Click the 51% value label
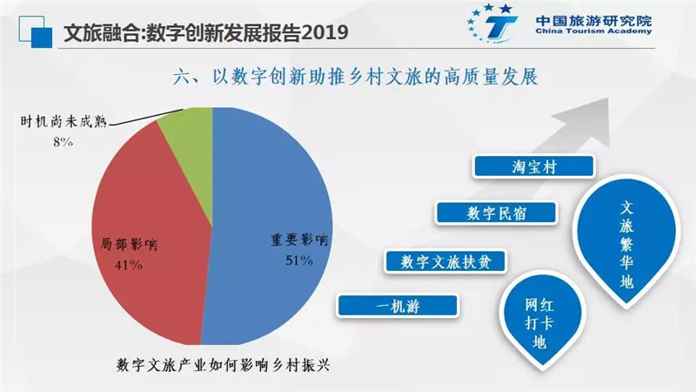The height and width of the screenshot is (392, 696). (x=299, y=260)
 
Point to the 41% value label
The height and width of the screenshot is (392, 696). (x=128, y=265)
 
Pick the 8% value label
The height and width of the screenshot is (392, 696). (x=63, y=142)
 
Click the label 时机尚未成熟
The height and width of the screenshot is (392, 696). (x=64, y=121)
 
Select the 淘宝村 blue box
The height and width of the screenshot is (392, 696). (x=533, y=166)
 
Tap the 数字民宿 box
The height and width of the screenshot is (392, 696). (x=496, y=213)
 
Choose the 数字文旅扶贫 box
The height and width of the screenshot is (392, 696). (x=445, y=261)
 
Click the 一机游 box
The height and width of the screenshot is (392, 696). (x=398, y=306)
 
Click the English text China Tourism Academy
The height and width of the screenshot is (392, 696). (x=593, y=31)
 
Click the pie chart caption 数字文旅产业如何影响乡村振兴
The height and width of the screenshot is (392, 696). (x=224, y=365)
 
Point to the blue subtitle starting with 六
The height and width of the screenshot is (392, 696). (x=356, y=77)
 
